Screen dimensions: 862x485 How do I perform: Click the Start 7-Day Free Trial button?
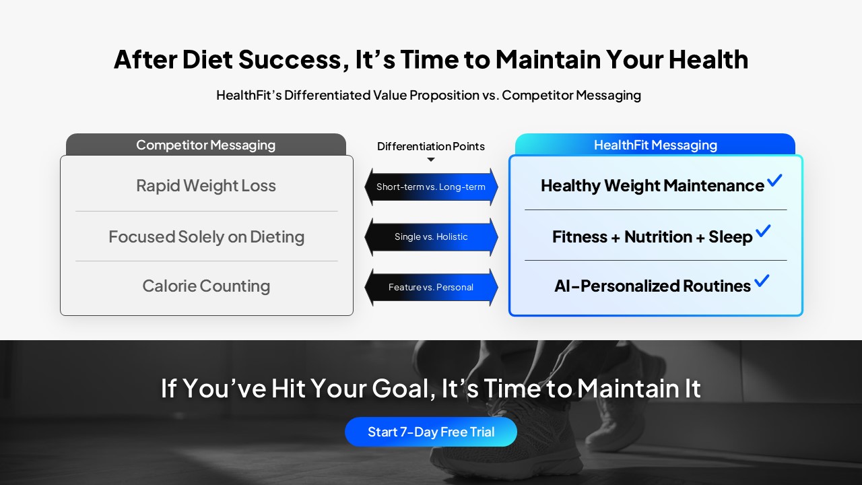click(x=430, y=432)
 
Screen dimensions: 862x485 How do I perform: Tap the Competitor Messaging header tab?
click(x=206, y=145)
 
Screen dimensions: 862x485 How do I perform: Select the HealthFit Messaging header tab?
click(x=655, y=145)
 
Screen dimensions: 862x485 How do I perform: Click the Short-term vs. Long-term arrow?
click(x=431, y=187)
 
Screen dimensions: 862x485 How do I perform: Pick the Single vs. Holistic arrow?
click(x=431, y=236)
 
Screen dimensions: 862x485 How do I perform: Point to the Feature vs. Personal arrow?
click(x=431, y=287)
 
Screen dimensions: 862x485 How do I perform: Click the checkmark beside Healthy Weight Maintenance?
click(x=774, y=180)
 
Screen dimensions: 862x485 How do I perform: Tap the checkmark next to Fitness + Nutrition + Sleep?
click(x=763, y=230)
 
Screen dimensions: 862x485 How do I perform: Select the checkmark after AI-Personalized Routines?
click(x=762, y=280)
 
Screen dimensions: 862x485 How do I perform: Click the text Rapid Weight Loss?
click(x=206, y=185)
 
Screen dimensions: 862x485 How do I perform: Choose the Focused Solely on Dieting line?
click(x=206, y=236)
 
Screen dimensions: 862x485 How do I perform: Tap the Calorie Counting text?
click(x=206, y=286)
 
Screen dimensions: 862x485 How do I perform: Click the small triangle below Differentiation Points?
click(x=431, y=160)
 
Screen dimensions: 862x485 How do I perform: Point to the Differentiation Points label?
click(x=430, y=146)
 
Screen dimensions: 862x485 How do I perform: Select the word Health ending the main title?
click(x=708, y=59)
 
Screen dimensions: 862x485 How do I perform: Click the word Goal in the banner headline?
click(x=403, y=388)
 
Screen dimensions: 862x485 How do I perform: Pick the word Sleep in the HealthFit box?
click(x=731, y=236)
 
